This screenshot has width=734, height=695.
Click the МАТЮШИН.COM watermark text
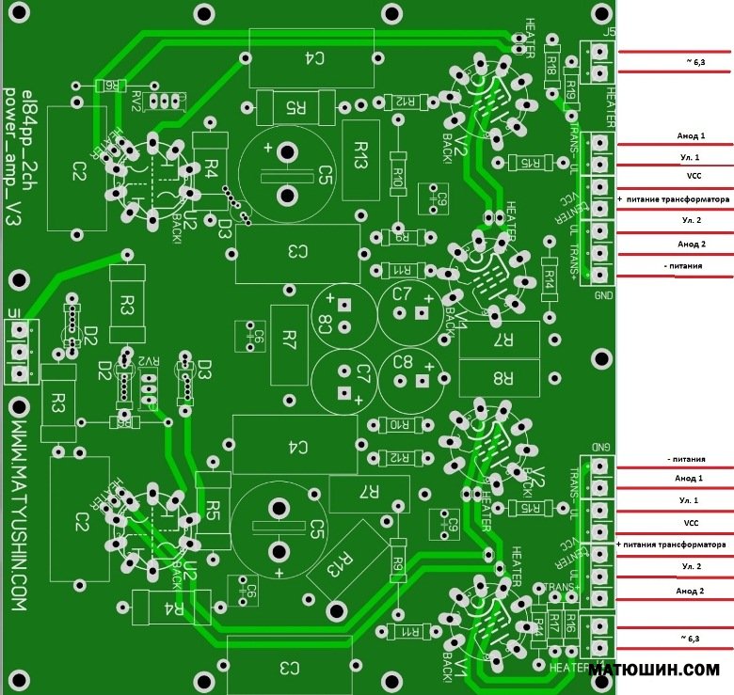pyautogui.click(x=655, y=670)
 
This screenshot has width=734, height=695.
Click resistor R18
pyautogui.click(x=551, y=62)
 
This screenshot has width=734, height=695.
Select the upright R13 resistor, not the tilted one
pyautogui.click(x=360, y=160)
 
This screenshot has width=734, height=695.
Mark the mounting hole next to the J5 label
pyautogui.click(x=598, y=12)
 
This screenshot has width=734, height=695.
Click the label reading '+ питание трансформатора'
pyautogui.click(x=674, y=200)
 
